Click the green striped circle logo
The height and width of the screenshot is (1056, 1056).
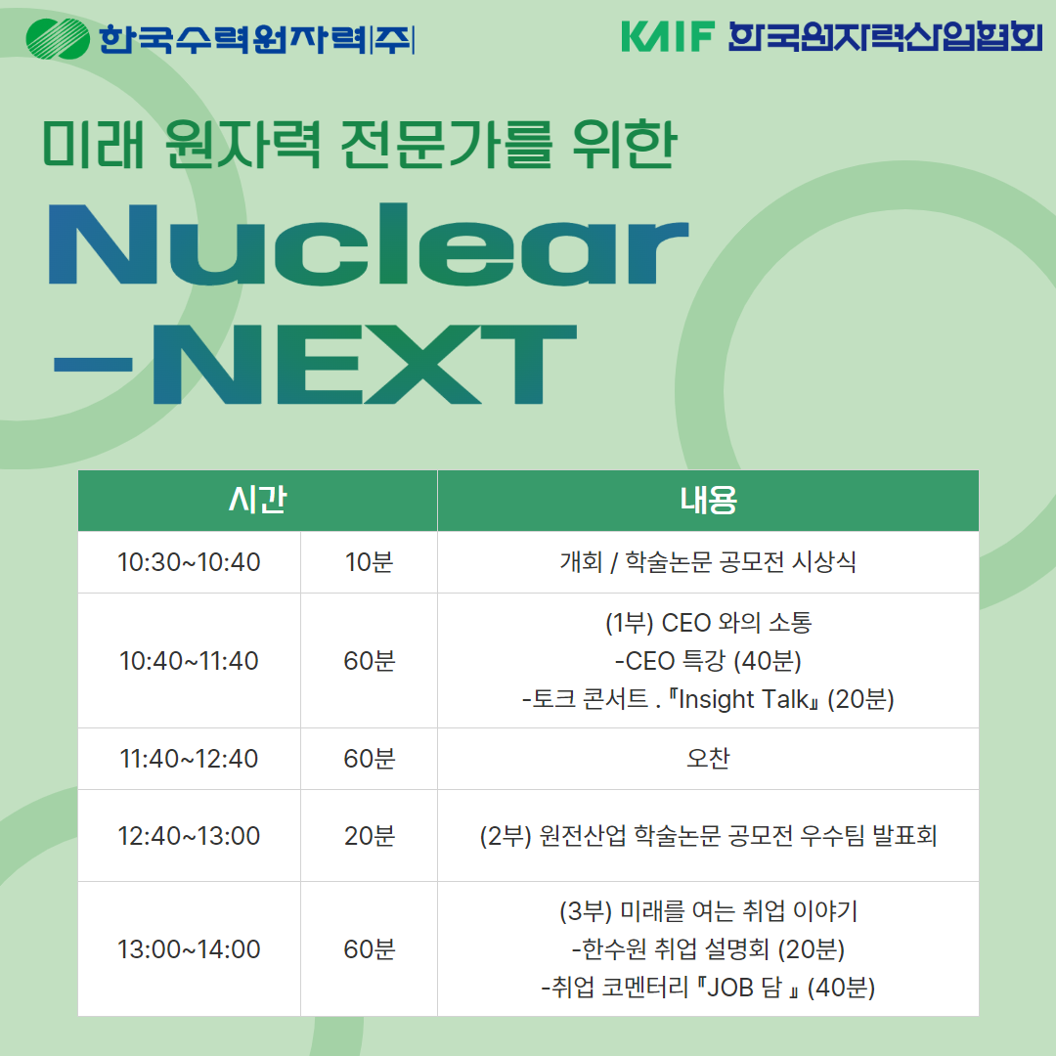pos(58,38)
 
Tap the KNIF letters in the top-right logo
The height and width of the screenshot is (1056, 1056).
pos(668,36)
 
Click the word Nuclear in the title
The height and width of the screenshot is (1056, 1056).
pos(369,244)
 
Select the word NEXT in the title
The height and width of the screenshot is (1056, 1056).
pos(365,364)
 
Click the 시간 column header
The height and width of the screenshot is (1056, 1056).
pos(257,500)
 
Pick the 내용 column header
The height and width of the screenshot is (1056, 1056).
pos(708,500)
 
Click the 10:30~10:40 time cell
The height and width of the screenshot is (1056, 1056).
pos(189,561)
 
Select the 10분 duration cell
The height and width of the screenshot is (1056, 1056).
pos(369,561)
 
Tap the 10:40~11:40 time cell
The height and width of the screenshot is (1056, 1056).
pos(189,661)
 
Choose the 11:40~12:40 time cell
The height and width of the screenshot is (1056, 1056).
pos(189,759)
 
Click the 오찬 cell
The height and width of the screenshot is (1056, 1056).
pos(708,759)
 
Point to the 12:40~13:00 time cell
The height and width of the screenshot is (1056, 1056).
pos(189,836)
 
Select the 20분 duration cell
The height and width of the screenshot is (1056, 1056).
pos(369,836)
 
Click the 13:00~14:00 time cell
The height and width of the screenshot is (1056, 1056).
pos(189,948)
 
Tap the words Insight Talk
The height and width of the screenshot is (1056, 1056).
pos(743,700)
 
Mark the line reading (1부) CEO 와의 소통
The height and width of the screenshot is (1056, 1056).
pos(708,622)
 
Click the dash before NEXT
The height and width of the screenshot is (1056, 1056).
pos(93,365)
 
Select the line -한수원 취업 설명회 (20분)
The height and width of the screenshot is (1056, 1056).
pos(708,948)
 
